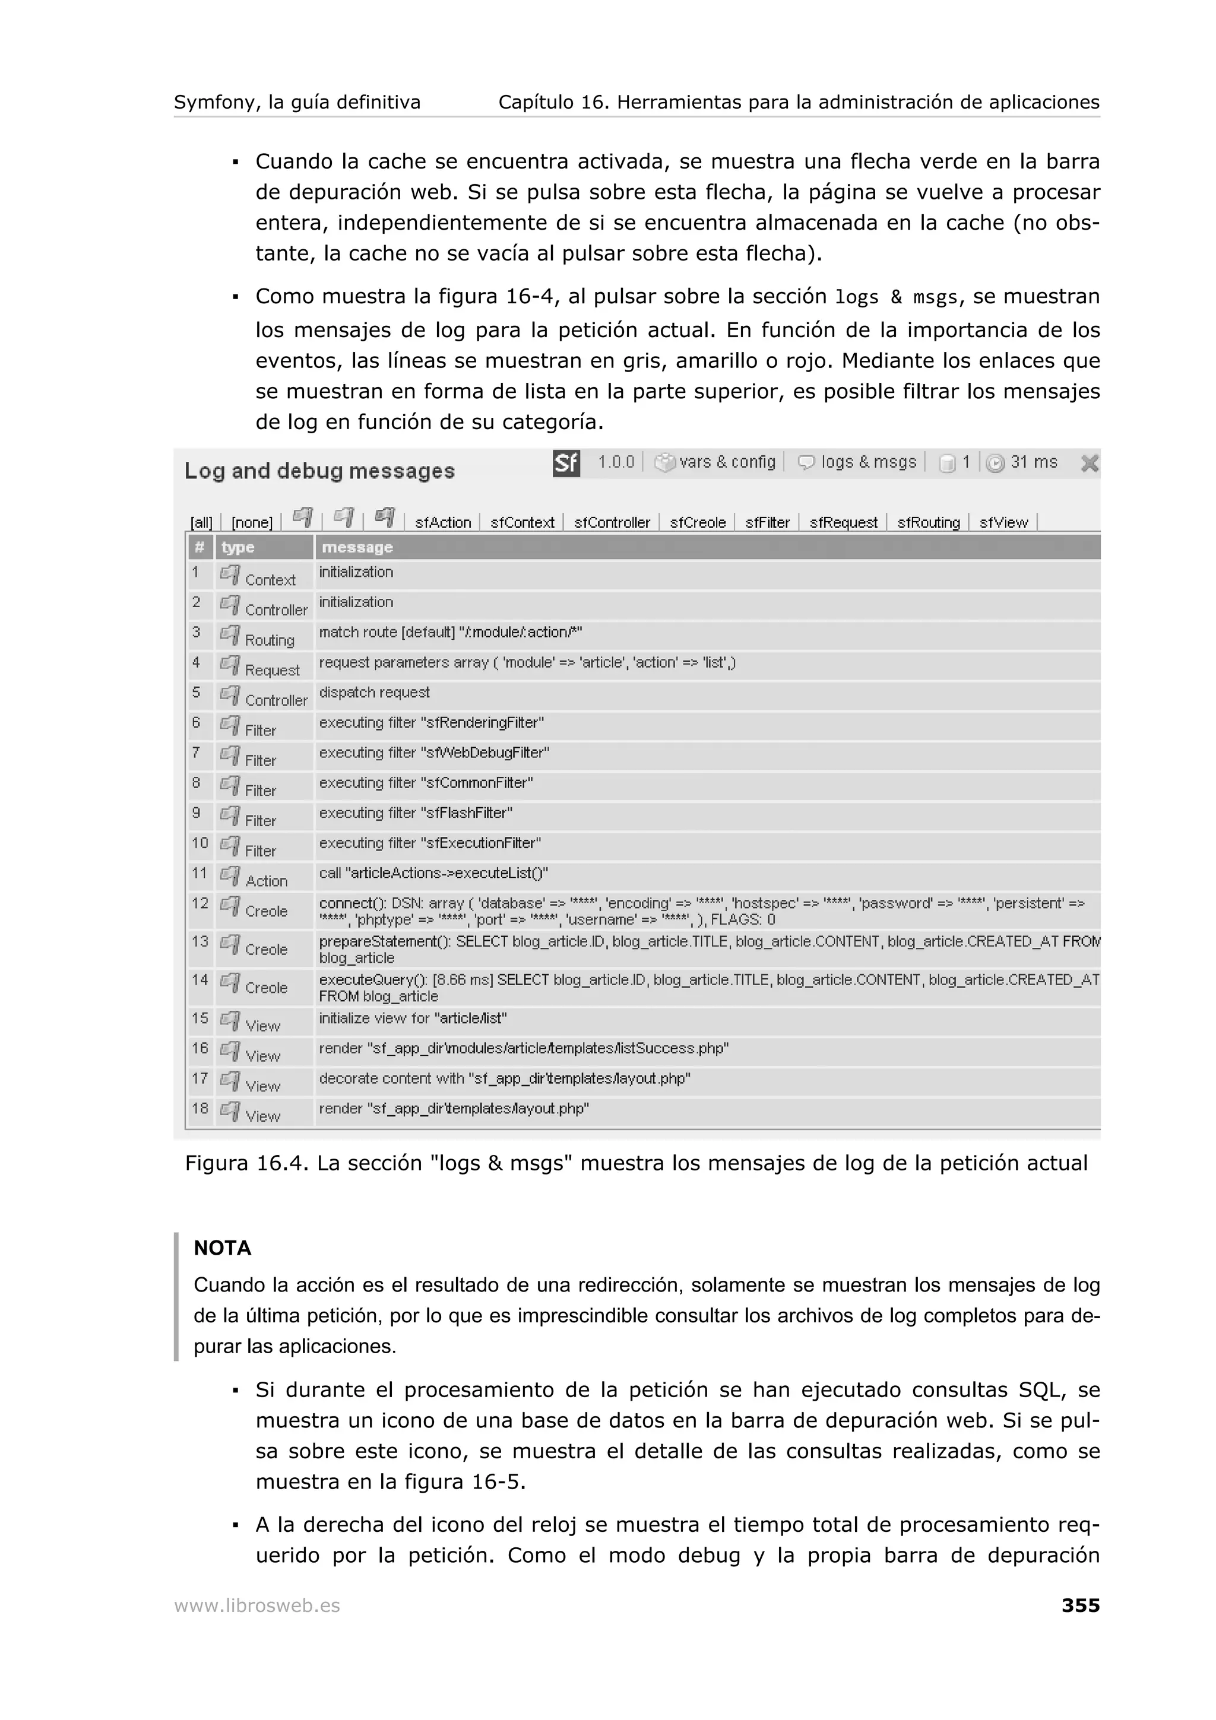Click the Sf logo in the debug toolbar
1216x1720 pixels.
point(566,463)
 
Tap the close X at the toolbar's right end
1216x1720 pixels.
point(1090,463)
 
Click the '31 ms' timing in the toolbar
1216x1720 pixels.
point(1033,462)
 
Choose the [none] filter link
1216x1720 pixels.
point(252,523)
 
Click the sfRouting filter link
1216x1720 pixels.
point(928,523)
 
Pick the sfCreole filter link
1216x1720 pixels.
point(698,523)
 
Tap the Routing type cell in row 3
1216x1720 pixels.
point(269,640)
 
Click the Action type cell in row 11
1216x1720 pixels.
point(266,881)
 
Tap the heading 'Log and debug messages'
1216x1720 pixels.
point(319,471)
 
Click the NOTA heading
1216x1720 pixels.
point(223,1248)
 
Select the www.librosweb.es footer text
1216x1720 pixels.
point(257,1606)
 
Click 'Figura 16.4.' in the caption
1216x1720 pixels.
point(246,1163)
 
